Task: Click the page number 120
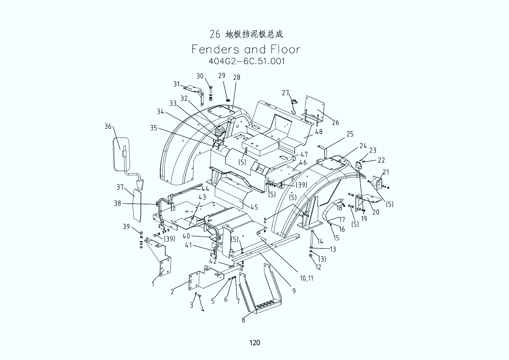point(254,342)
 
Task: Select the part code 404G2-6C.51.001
point(247,61)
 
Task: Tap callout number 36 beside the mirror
point(108,126)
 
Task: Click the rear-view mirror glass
point(121,154)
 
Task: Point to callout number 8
point(243,320)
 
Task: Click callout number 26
point(336,122)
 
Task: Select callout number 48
point(319,132)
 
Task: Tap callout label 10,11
point(306,278)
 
